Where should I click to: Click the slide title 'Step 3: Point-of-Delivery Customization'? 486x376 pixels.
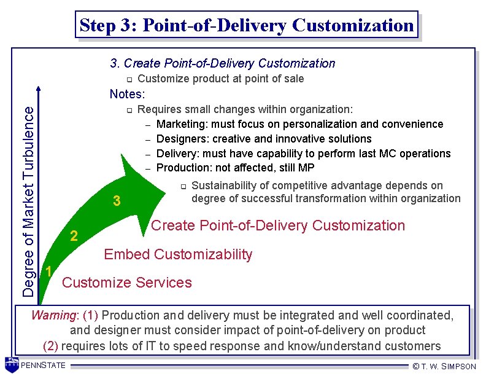click(247, 26)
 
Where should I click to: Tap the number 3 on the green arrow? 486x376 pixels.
click(117, 201)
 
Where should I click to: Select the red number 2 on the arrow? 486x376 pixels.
click(74, 236)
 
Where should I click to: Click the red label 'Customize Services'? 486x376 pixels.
click(127, 283)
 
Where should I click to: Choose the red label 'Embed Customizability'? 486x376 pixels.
click(178, 254)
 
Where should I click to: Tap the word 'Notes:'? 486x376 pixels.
click(127, 94)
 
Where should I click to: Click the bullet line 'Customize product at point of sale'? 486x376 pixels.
click(220, 79)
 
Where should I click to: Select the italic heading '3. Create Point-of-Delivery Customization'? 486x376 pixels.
click(222, 63)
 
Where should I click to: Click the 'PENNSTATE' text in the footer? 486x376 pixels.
click(44, 366)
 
